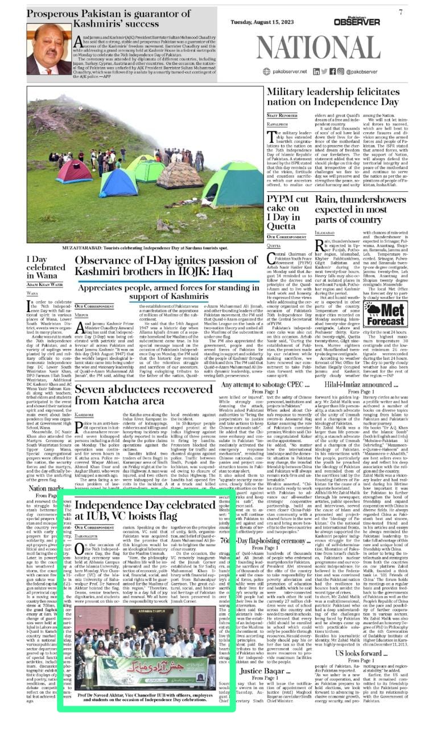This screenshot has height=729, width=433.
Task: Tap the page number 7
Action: (x=401, y=11)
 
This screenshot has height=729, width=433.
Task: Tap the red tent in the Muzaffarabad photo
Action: (x=75, y=171)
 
